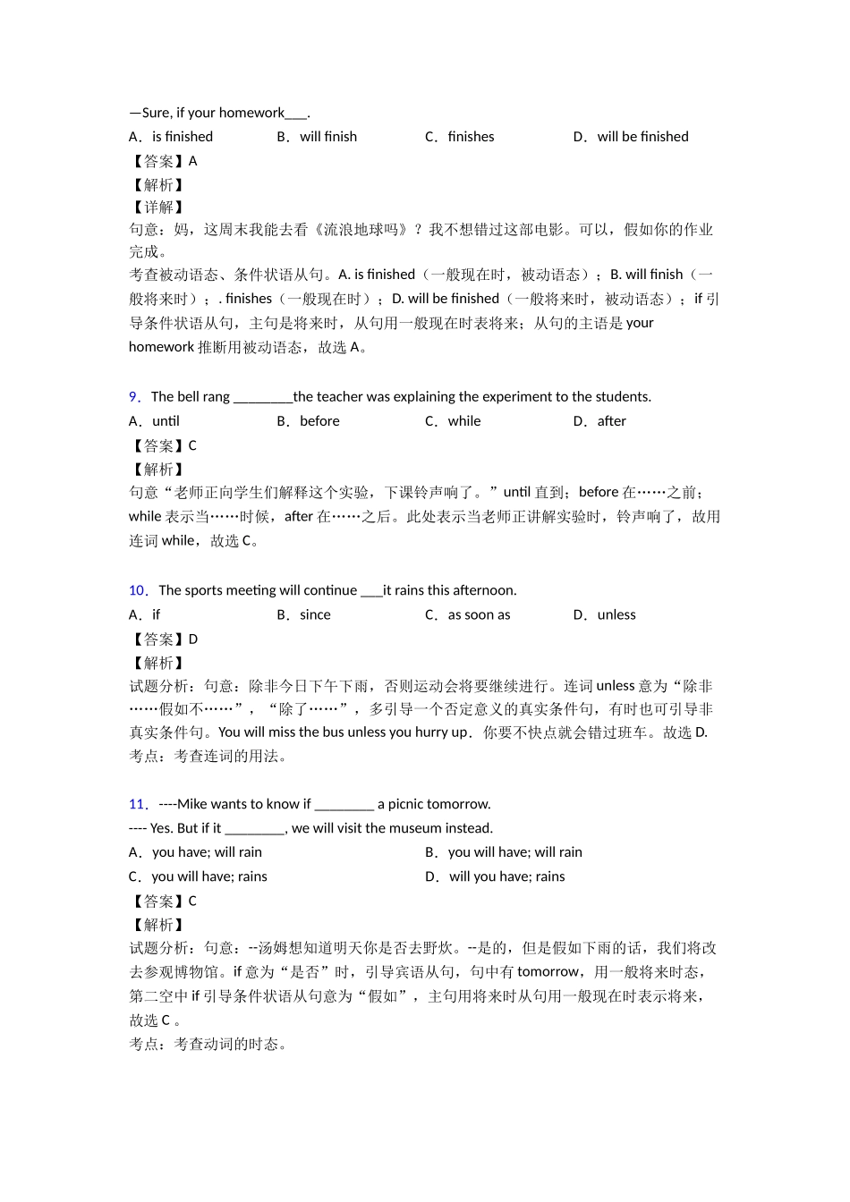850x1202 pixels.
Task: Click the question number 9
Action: [134, 397]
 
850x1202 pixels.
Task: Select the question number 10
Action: [137, 590]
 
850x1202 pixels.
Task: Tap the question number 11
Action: [137, 804]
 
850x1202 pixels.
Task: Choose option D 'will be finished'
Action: [642, 137]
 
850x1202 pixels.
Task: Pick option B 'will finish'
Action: [328, 137]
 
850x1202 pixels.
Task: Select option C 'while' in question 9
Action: [464, 421]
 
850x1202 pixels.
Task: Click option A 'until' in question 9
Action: [166, 421]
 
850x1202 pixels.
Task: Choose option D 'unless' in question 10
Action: [616, 614]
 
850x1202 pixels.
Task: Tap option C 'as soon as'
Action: [479, 614]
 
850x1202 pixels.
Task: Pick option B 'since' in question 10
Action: [315, 614]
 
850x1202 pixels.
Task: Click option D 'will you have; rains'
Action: [506, 876]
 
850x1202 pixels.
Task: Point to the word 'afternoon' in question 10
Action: [483, 590]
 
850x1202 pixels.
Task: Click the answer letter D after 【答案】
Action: [193, 639]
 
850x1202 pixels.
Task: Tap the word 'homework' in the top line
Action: [251, 113]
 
